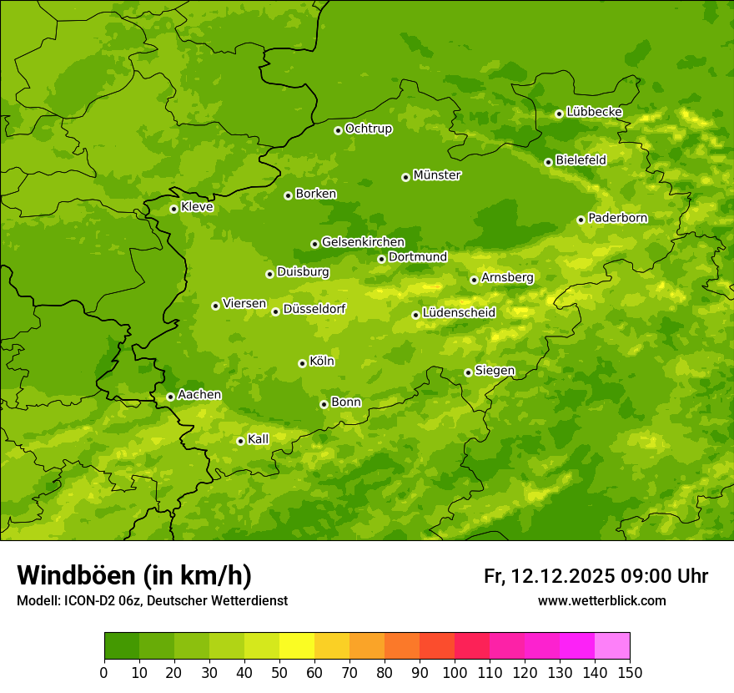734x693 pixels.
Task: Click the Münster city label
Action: [x=436, y=175]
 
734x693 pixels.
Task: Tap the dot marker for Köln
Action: [x=302, y=363]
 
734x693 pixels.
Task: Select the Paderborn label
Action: [x=617, y=218]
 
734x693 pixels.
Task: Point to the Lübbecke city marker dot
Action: [x=559, y=114]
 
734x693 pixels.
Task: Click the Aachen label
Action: [x=199, y=395]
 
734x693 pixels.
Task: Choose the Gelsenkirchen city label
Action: [x=363, y=242]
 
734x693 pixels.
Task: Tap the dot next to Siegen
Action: [x=468, y=372]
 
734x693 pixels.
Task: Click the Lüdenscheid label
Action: [x=459, y=313]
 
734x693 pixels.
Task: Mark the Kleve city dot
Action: [x=173, y=209]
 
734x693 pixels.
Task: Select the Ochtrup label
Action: [x=368, y=129]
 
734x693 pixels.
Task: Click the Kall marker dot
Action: [x=240, y=441]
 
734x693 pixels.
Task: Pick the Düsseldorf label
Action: [x=314, y=309]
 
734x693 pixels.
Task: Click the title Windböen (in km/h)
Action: [x=134, y=575]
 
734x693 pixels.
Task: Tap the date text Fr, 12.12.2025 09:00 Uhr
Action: [x=596, y=576]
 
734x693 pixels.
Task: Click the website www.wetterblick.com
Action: [x=601, y=600]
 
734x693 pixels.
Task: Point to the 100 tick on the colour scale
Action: [x=455, y=672]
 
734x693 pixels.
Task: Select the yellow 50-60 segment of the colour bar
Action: [x=297, y=645]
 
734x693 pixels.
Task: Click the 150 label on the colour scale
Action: [x=630, y=672]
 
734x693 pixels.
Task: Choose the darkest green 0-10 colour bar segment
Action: [x=122, y=645]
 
